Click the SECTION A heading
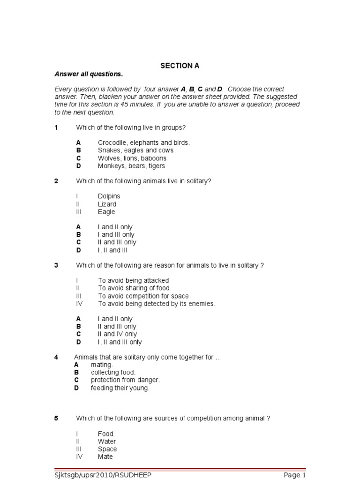point(180,66)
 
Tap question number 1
point(56,127)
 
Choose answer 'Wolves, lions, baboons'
point(132,158)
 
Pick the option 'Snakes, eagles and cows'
point(135,150)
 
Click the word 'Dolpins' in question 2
point(109,196)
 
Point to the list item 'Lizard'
point(107,204)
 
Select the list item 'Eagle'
point(106,212)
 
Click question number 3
point(56,265)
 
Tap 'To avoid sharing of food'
point(134,288)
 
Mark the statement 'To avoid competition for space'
point(143,296)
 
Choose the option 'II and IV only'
point(117,334)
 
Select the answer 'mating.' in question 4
point(102,365)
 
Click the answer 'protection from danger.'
point(125,380)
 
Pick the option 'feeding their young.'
point(120,388)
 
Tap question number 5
point(56,419)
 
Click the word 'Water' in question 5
point(107,442)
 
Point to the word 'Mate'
point(105,457)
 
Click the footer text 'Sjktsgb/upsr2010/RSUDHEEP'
point(103,475)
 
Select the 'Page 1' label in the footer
point(294,475)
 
